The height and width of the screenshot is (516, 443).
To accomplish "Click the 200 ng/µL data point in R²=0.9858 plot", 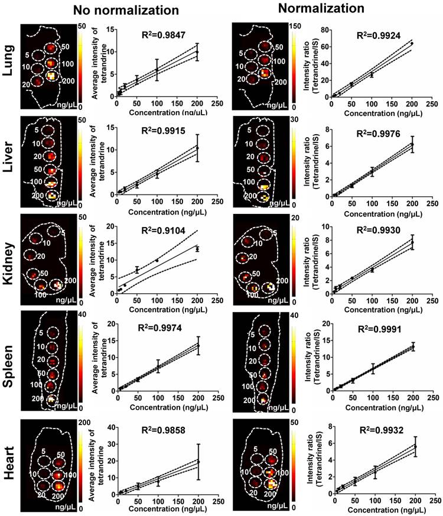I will [198, 462].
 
